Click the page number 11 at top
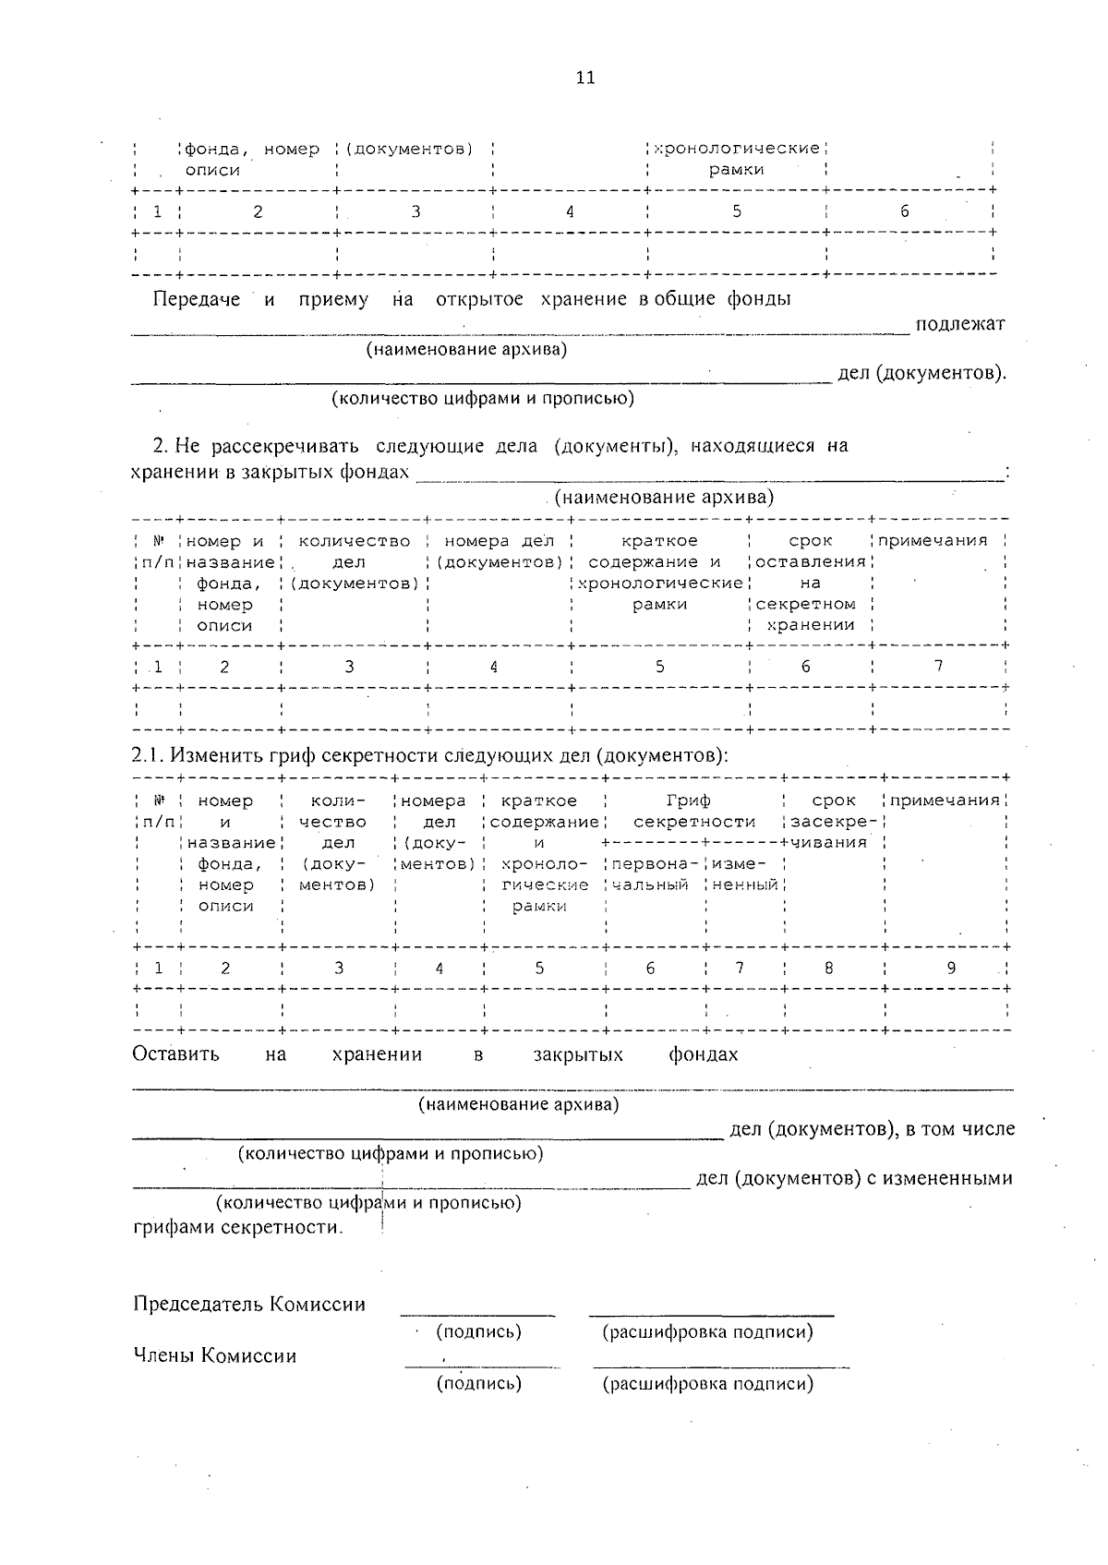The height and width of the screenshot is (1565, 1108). tap(584, 78)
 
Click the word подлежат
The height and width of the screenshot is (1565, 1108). tap(959, 324)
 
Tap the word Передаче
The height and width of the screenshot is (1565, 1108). tap(196, 299)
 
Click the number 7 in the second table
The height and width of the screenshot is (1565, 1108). tap(938, 666)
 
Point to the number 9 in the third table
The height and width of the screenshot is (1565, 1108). tap(951, 968)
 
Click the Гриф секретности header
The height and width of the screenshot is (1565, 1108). tap(693, 811)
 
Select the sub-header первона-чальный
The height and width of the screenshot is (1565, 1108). tap(651, 874)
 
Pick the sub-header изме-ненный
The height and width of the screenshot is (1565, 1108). tap(745, 874)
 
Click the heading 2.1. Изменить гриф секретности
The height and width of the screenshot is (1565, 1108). tap(430, 755)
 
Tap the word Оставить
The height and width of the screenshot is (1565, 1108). tap(175, 1054)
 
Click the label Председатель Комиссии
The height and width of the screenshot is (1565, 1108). tap(249, 1304)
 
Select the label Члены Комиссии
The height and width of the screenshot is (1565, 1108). tap(215, 1355)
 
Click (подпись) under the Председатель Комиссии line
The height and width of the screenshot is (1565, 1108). tap(478, 1331)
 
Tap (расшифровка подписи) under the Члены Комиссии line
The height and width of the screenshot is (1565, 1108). tap(707, 1383)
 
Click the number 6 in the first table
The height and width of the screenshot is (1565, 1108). tap(905, 211)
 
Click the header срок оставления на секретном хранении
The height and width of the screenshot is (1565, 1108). tap(811, 583)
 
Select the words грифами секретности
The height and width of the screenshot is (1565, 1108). tap(237, 1227)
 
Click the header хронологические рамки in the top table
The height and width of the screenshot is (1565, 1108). tap(736, 159)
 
